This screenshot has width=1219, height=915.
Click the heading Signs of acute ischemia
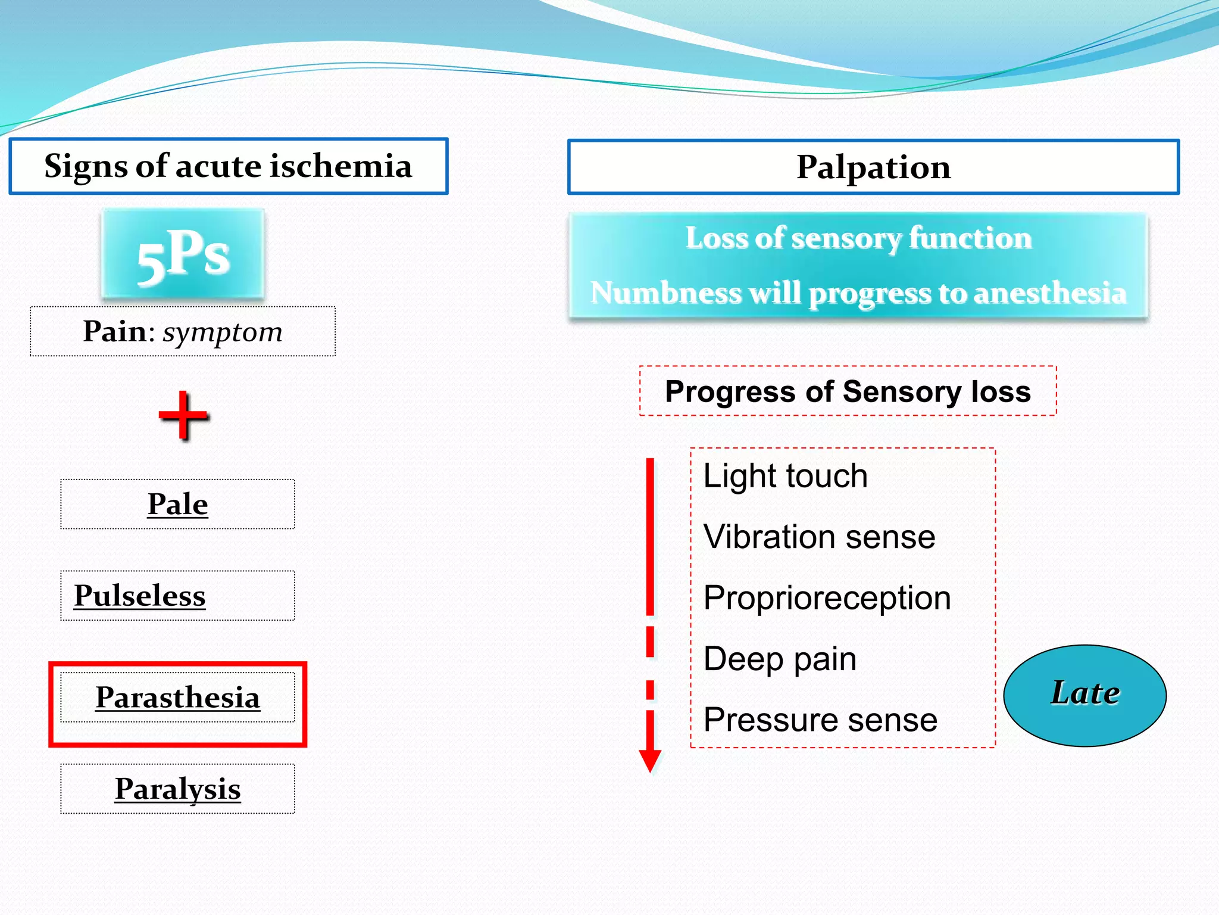pyautogui.click(x=228, y=166)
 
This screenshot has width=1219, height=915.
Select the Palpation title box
pyautogui.click(x=873, y=167)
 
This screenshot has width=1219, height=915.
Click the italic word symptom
pyautogui.click(x=223, y=332)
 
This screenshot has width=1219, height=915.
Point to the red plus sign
pyautogui.click(x=184, y=416)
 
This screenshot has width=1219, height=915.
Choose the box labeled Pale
pyautogui.click(x=177, y=504)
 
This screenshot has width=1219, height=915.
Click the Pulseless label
pyautogui.click(x=140, y=596)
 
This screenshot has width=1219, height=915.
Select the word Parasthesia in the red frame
pyautogui.click(x=177, y=698)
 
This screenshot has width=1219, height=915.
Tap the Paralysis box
pyautogui.click(x=177, y=789)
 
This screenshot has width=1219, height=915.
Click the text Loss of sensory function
pyautogui.click(x=858, y=238)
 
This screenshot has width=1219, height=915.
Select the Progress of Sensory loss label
pyautogui.click(x=848, y=391)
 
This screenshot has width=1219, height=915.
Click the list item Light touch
pyautogui.click(x=785, y=476)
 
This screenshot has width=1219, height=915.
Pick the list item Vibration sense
pyautogui.click(x=819, y=537)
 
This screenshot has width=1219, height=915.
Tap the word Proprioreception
pyautogui.click(x=827, y=597)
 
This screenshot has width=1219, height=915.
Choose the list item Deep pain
pyautogui.click(x=780, y=659)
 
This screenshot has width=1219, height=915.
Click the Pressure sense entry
pyautogui.click(x=820, y=720)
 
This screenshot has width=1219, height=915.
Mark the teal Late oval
pyautogui.click(x=1084, y=695)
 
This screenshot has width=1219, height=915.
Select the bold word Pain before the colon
pyautogui.click(x=114, y=331)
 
